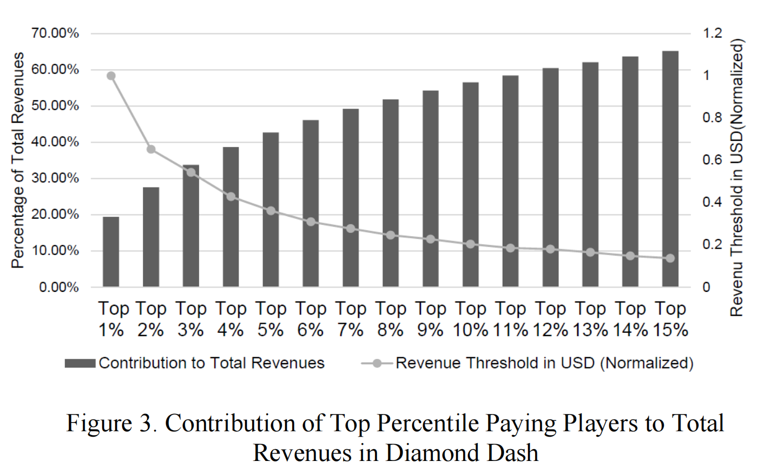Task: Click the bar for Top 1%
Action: [111, 252]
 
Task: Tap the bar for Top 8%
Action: [391, 193]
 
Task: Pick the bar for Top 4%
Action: [231, 217]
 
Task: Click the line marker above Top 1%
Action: [111, 76]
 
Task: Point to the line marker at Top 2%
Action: [151, 150]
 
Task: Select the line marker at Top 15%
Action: [670, 258]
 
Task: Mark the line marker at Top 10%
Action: [470, 244]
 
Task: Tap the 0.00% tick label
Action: [59, 287]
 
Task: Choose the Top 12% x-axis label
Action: [550, 319]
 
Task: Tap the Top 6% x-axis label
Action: [311, 319]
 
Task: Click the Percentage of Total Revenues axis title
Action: [18, 160]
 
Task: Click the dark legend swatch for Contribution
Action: [80, 363]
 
